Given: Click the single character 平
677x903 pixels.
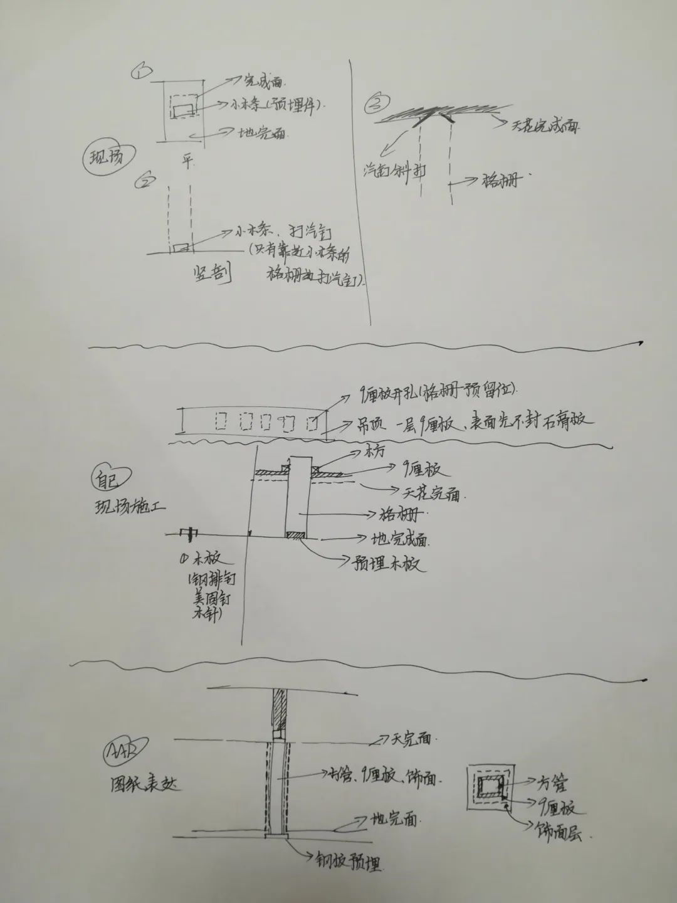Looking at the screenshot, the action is pos(187,161).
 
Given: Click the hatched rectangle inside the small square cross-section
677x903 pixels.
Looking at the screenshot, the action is pos(490,786).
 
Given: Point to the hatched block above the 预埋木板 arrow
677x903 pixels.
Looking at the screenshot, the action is pos(296,535).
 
